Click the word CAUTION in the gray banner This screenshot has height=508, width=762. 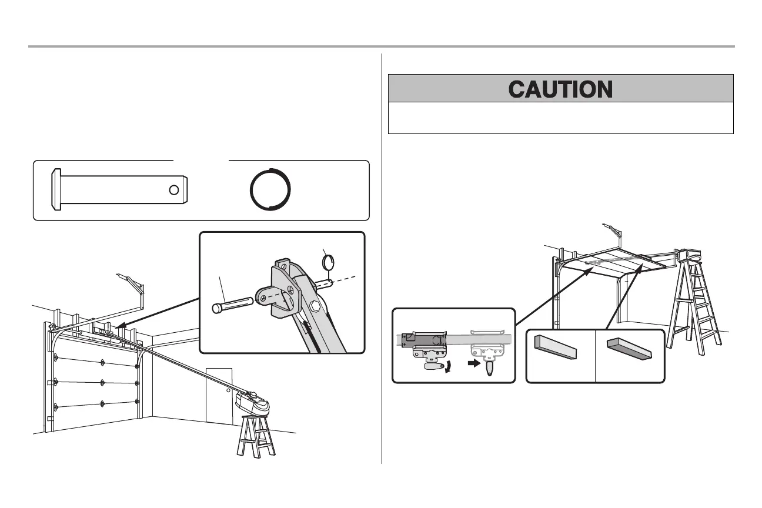(x=560, y=89)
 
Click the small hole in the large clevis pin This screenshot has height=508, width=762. (x=173, y=189)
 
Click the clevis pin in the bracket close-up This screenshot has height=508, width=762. (x=232, y=305)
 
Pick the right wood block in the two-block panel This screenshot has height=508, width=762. (x=629, y=349)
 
